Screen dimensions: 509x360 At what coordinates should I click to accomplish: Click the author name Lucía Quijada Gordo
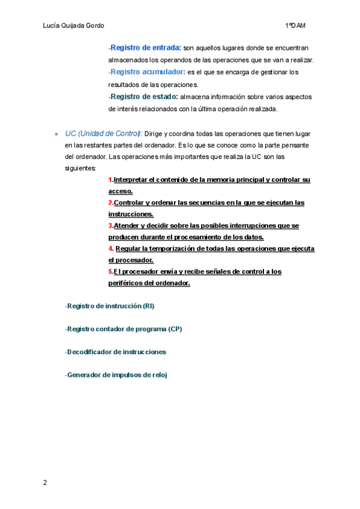click(x=74, y=26)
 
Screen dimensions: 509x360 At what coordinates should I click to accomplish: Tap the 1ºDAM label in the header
click(x=296, y=26)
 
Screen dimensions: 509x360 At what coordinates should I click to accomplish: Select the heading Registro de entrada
click(x=146, y=47)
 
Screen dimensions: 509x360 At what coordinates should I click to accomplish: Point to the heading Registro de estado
click(x=144, y=97)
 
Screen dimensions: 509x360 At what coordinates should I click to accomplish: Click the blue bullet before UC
click(x=56, y=134)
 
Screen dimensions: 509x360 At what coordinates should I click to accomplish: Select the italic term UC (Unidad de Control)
click(x=103, y=133)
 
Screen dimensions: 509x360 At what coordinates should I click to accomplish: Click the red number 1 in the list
click(x=110, y=180)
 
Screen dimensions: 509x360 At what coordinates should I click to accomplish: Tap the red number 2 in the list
click(x=110, y=203)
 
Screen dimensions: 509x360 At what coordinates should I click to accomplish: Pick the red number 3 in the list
click(x=110, y=226)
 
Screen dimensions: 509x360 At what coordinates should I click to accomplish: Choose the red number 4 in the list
click(x=110, y=248)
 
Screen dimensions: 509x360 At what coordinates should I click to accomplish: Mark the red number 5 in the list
click(x=110, y=271)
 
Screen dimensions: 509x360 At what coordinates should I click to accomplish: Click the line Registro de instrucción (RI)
click(x=110, y=306)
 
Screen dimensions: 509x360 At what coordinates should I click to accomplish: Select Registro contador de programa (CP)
click(x=124, y=329)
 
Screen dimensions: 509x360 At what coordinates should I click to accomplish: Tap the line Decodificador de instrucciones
click(x=116, y=352)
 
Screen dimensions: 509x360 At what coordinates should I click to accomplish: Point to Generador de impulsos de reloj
click(x=116, y=375)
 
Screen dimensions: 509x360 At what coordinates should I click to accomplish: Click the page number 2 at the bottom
click(x=44, y=483)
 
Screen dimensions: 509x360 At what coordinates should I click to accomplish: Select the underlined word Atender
click(x=125, y=226)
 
